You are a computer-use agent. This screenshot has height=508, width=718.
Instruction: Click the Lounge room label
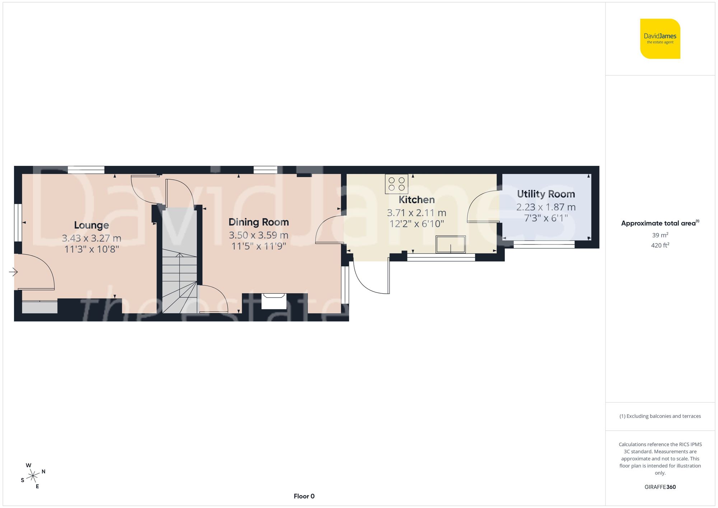pos(92,225)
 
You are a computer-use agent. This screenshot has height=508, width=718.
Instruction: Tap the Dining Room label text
pos(258,222)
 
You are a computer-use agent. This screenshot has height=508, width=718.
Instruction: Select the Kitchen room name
pos(416,200)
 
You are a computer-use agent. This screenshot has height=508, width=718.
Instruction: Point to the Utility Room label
pos(546,194)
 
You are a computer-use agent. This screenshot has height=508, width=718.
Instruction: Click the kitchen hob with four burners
pos(396,184)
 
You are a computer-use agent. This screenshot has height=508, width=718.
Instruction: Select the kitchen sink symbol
pos(451,244)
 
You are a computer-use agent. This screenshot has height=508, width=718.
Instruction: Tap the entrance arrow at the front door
pos(13,272)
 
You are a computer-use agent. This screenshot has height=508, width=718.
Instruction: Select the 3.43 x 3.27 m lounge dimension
pos(92,238)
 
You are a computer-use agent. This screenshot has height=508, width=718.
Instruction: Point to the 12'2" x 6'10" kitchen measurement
pos(416,224)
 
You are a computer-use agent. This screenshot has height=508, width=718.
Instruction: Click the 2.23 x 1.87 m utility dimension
pos(546,207)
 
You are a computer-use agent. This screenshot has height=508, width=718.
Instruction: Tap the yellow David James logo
pos(660,39)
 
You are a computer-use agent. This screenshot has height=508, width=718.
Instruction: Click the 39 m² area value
pos(660,235)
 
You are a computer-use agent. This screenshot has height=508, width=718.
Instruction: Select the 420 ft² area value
pos(660,245)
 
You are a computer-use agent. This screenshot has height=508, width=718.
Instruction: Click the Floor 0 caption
pos(304,496)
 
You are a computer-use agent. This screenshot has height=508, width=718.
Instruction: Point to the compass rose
pos(33,476)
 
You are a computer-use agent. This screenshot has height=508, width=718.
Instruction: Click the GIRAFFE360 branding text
pos(660,487)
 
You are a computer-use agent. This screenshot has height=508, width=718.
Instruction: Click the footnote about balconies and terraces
pos(660,416)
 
